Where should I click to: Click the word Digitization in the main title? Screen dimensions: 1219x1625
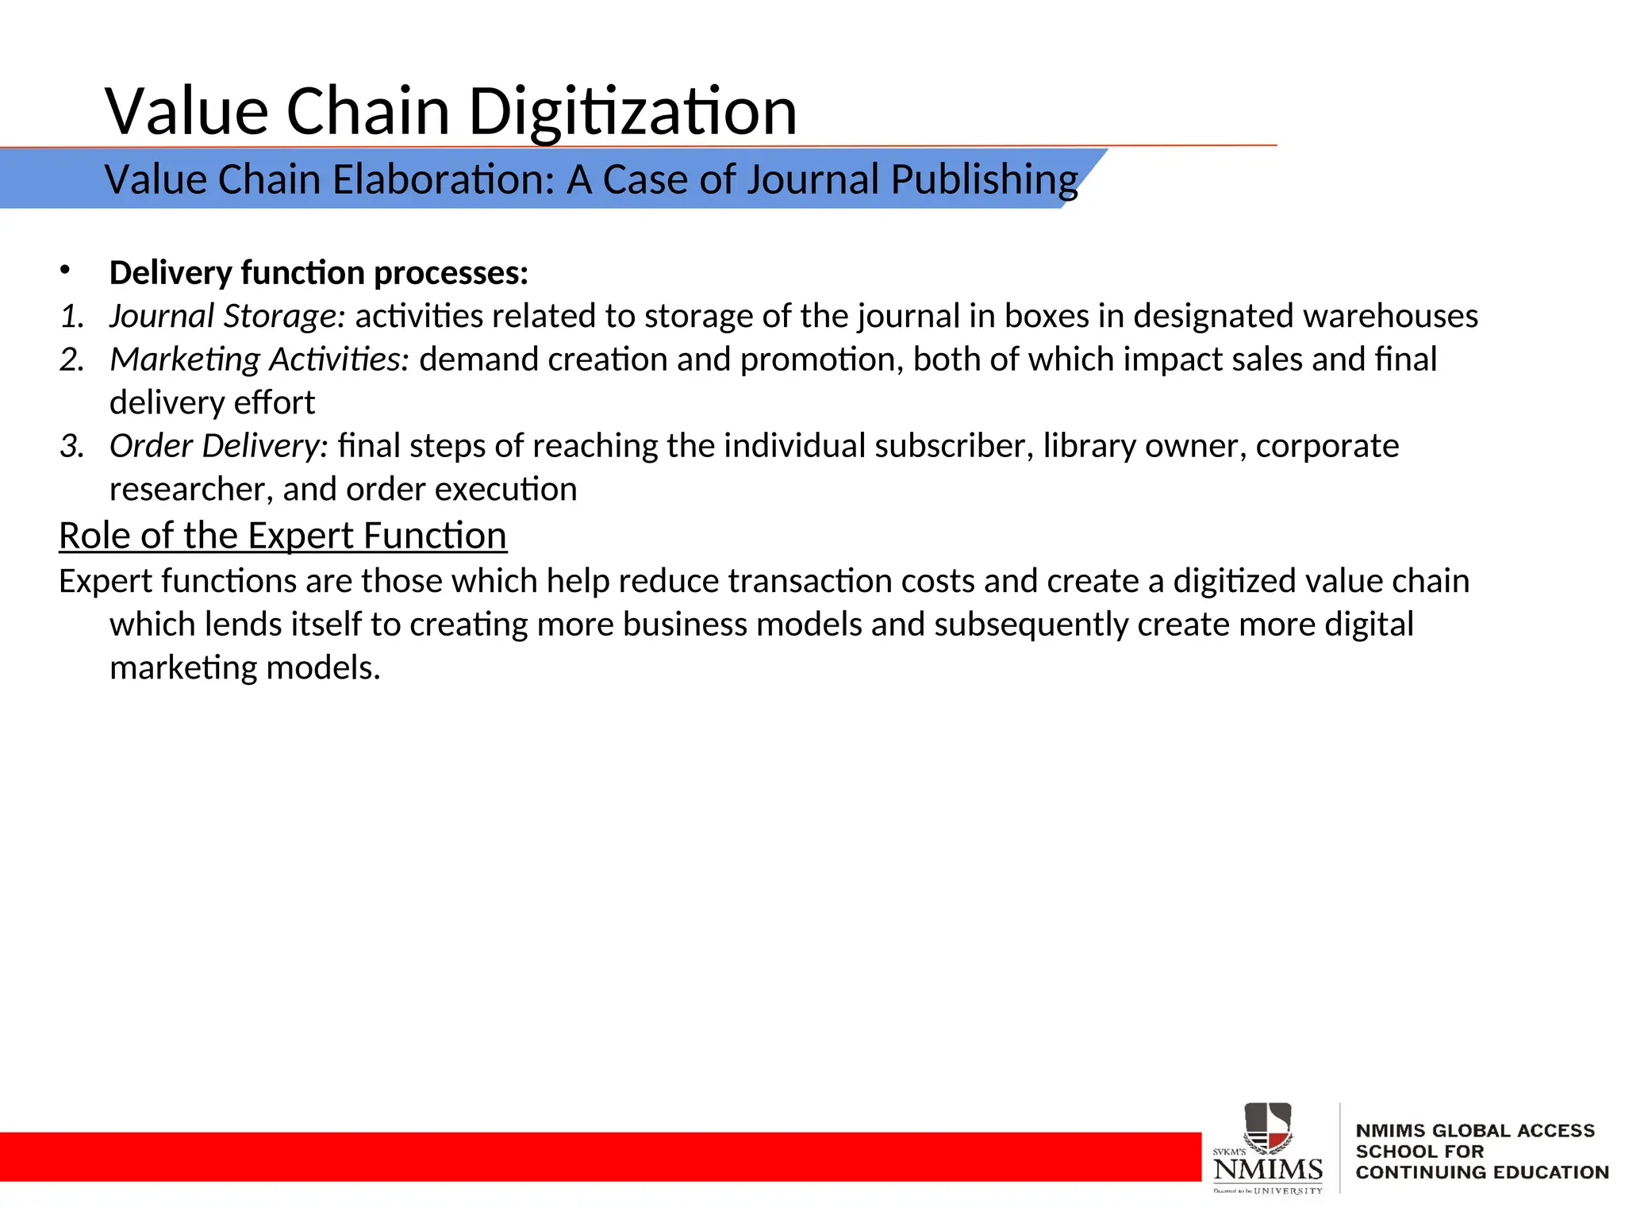pos(632,111)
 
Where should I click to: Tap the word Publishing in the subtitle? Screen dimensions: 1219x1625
pos(984,179)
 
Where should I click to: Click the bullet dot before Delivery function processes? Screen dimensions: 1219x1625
pos(65,271)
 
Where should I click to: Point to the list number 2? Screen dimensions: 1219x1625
pos(71,360)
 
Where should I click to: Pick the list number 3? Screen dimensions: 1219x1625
pos(71,446)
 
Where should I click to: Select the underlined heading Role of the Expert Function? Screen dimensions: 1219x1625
pos(282,536)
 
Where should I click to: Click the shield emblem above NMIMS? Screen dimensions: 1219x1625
pos(1267,1127)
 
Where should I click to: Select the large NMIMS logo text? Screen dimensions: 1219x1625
pos(1268,1170)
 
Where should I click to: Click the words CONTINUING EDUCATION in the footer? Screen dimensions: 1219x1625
pos(1481,1172)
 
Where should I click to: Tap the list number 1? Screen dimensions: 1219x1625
pos(71,316)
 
